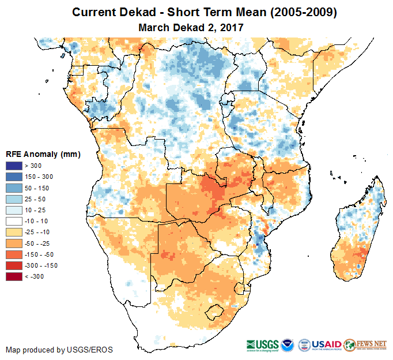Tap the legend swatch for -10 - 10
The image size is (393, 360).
pyautogui.click(x=14, y=222)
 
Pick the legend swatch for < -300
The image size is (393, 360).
pyautogui.click(x=14, y=276)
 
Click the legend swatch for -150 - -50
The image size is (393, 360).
pyautogui.click(x=14, y=254)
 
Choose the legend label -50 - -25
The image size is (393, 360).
pyautogui.click(x=39, y=243)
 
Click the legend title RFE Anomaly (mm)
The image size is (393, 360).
pyautogui.click(x=43, y=155)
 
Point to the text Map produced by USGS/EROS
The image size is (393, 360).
pyautogui.click(x=59, y=350)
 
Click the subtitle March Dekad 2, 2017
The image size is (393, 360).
pyautogui.click(x=191, y=27)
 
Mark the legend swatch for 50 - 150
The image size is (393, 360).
pyautogui.click(x=14, y=189)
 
